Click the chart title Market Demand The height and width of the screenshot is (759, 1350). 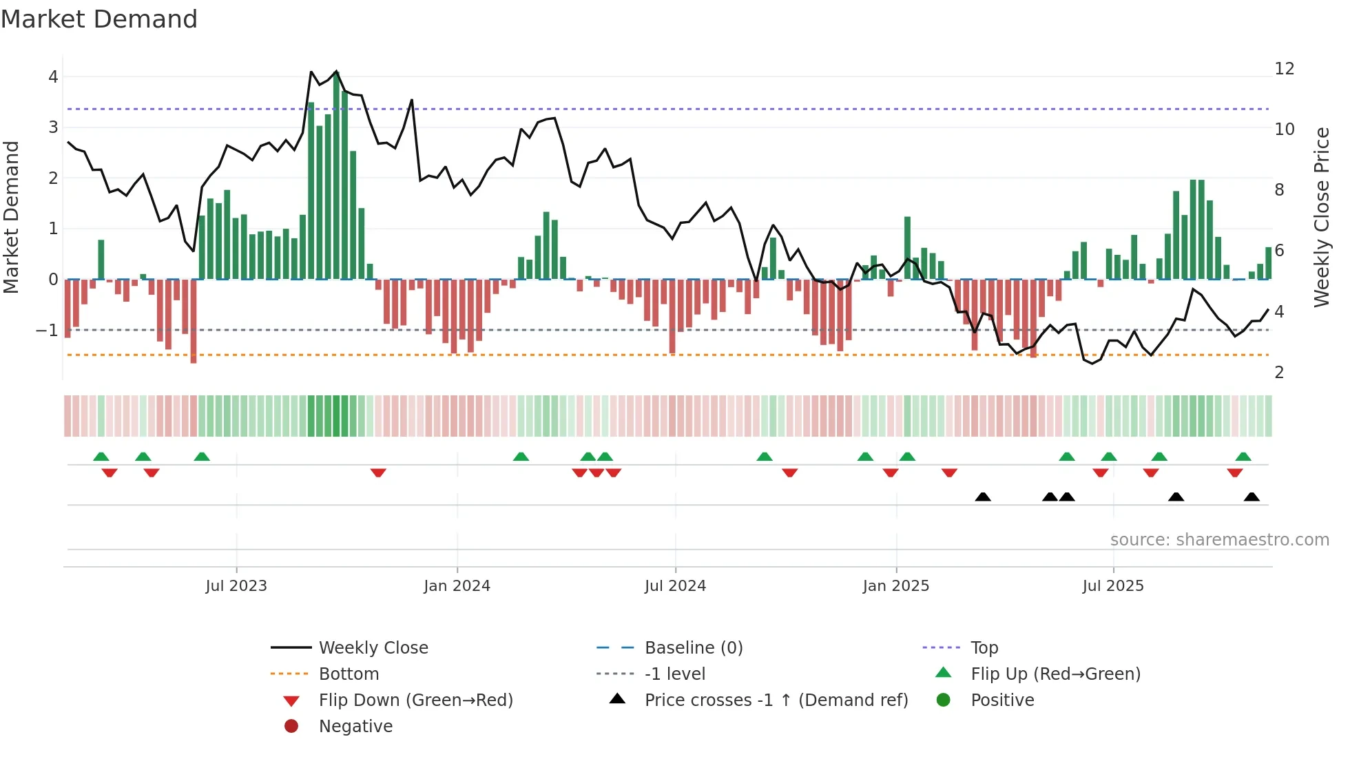click(99, 19)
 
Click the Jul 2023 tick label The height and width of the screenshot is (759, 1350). click(236, 586)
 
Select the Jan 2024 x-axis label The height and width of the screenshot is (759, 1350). click(457, 586)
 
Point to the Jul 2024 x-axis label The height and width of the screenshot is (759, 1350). click(675, 586)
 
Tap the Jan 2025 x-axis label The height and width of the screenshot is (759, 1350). click(895, 586)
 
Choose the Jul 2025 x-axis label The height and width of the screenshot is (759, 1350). click(1112, 586)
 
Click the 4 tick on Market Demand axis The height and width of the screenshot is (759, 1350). click(53, 77)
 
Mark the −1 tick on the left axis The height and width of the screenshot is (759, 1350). click(47, 331)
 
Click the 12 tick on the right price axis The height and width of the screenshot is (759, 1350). click(1284, 69)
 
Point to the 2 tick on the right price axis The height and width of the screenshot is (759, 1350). click(1279, 373)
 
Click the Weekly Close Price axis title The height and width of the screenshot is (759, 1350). click(1321, 217)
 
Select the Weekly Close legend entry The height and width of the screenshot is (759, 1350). click(373, 648)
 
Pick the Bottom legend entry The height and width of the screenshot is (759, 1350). click(349, 674)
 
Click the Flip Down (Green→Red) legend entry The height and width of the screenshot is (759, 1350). click(415, 700)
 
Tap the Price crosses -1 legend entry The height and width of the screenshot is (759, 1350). click(776, 700)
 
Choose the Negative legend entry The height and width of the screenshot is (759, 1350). click(355, 727)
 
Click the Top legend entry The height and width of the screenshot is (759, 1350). click(984, 648)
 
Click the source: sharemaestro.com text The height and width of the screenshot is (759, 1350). click(1219, 540)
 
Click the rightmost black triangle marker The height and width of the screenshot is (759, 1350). click(1252, 497)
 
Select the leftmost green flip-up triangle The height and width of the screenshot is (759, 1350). click(101, 457)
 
